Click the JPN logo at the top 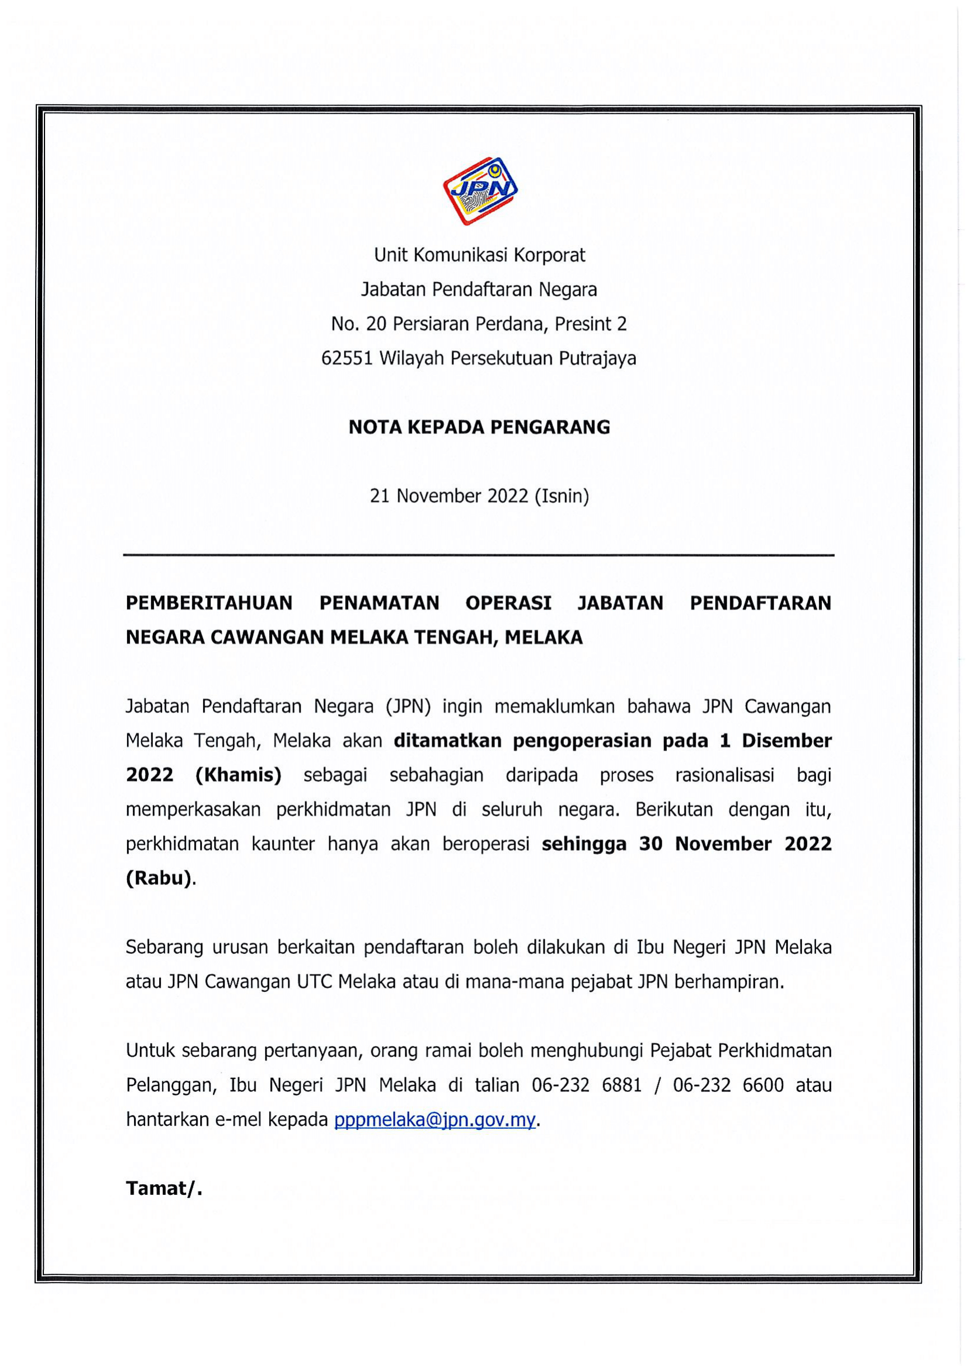480,191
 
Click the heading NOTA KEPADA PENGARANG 479,427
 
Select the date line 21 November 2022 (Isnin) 479,496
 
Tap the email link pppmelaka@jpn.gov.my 435,1119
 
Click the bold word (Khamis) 238,775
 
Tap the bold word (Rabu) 159,878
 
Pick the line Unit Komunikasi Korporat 479,255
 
